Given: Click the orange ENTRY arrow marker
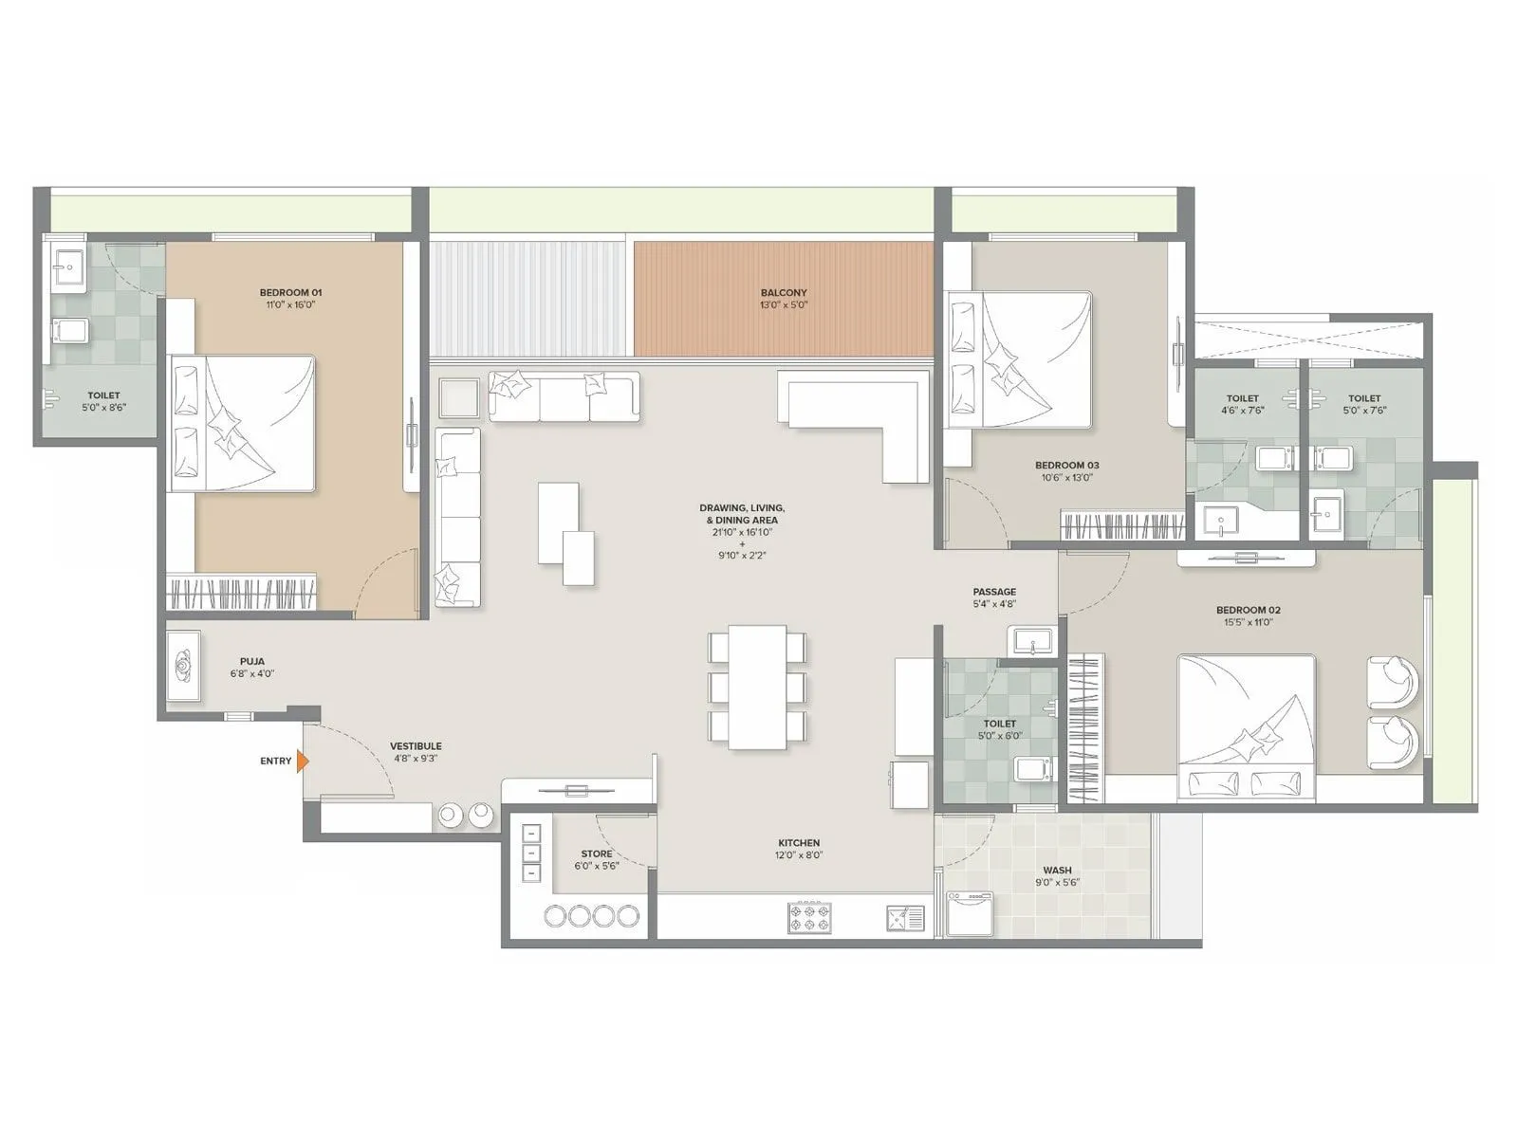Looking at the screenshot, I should pos(302,761).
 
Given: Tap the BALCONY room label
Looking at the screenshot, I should pos(783,292).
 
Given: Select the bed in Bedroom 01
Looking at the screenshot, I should pos(242,423).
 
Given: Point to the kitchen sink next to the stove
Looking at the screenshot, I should pos(905,918).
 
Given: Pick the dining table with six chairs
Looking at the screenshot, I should pos(758,686).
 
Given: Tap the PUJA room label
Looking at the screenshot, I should pos(251,661).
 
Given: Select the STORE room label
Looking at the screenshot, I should pos(597,853).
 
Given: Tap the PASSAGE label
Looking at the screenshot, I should pos(993,592).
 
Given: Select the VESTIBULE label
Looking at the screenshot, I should pos(416,746).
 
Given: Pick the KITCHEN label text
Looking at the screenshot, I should pos(799,842).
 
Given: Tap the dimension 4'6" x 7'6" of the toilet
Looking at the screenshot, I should pos(1242,411).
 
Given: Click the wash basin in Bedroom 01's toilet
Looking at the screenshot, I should pos(66,266).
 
